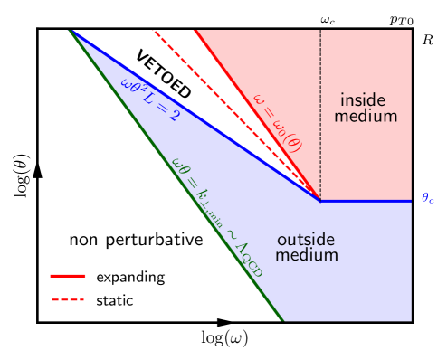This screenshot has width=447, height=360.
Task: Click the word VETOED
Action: point(163,74)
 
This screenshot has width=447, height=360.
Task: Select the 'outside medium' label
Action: point(305,248)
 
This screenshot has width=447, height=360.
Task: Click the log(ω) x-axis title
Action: point(223,338)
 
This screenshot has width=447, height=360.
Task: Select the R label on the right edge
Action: point(428,40)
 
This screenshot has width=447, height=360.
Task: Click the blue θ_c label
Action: point(428,199)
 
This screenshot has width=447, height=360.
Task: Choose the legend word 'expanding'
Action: point(130,277)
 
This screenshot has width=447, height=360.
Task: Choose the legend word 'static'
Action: point(115,299)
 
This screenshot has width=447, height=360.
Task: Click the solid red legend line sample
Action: point(68,276)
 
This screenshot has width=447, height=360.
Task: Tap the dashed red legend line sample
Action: point(68,299)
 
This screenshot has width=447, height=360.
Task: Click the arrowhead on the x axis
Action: point(224,321)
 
